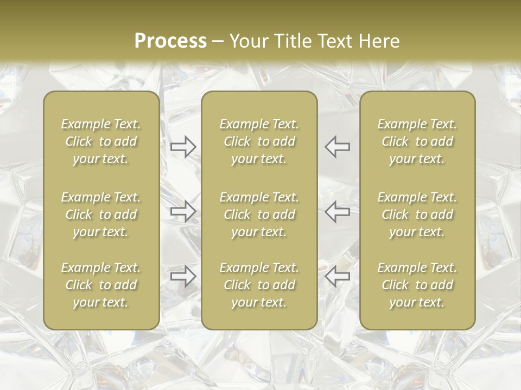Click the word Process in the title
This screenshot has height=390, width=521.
(170, 41)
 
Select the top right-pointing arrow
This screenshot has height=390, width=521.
(183, 147)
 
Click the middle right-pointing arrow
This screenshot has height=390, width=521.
(183, 211)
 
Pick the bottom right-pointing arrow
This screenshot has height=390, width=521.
(183, 276)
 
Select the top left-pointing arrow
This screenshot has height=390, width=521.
(338, 147)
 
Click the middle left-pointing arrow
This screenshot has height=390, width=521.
(338, 211)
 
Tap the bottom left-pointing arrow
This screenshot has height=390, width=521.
(338, 276)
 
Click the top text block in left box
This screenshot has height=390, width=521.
(101, 141)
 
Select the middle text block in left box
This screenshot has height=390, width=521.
(101, 214)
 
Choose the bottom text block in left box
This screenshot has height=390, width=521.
(101, 285)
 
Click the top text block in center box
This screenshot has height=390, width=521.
(259, 141)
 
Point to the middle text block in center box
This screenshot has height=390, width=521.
(259, 214)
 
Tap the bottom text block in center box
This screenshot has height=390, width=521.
(259, 285)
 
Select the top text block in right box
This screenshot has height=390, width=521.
(417, 141)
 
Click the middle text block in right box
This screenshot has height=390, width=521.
(417, 214)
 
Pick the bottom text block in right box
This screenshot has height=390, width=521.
(417, 285)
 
